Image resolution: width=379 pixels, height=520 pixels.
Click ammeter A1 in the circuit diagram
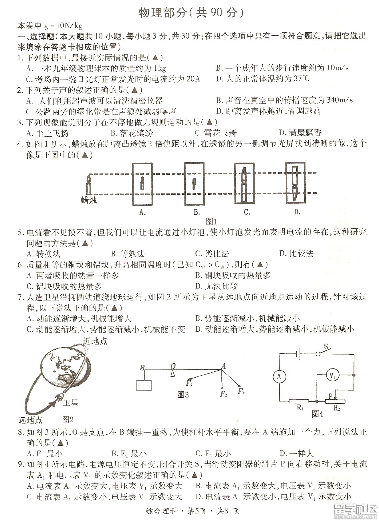280,376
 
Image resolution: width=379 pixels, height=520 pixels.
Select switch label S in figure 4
326,347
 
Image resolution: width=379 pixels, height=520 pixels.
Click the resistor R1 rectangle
299,401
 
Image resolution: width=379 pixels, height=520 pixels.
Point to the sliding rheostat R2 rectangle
335,402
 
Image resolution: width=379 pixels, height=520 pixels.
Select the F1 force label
189,383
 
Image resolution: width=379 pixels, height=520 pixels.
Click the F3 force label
241,391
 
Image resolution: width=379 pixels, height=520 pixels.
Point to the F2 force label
223,394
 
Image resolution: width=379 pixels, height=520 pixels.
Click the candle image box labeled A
142,184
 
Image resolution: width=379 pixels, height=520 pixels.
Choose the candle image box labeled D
295,182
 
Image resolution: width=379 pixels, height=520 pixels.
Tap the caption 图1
212,222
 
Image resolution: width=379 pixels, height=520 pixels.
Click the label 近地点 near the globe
95,341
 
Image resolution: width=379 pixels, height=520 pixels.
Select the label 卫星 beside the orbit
70,403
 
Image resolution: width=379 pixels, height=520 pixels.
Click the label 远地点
30,420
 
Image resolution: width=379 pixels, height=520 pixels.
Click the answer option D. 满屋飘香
300,133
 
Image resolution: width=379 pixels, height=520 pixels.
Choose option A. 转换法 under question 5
43,254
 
